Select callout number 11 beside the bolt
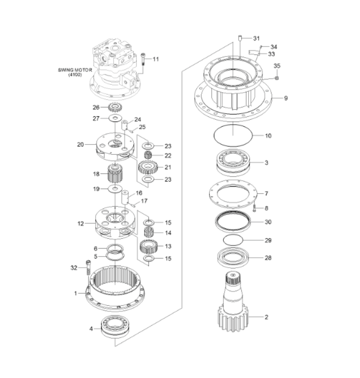point(155,60)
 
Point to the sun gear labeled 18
point(114,175)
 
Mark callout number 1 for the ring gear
point(76,293)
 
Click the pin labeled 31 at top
point(239,38)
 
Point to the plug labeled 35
point(277,78)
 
